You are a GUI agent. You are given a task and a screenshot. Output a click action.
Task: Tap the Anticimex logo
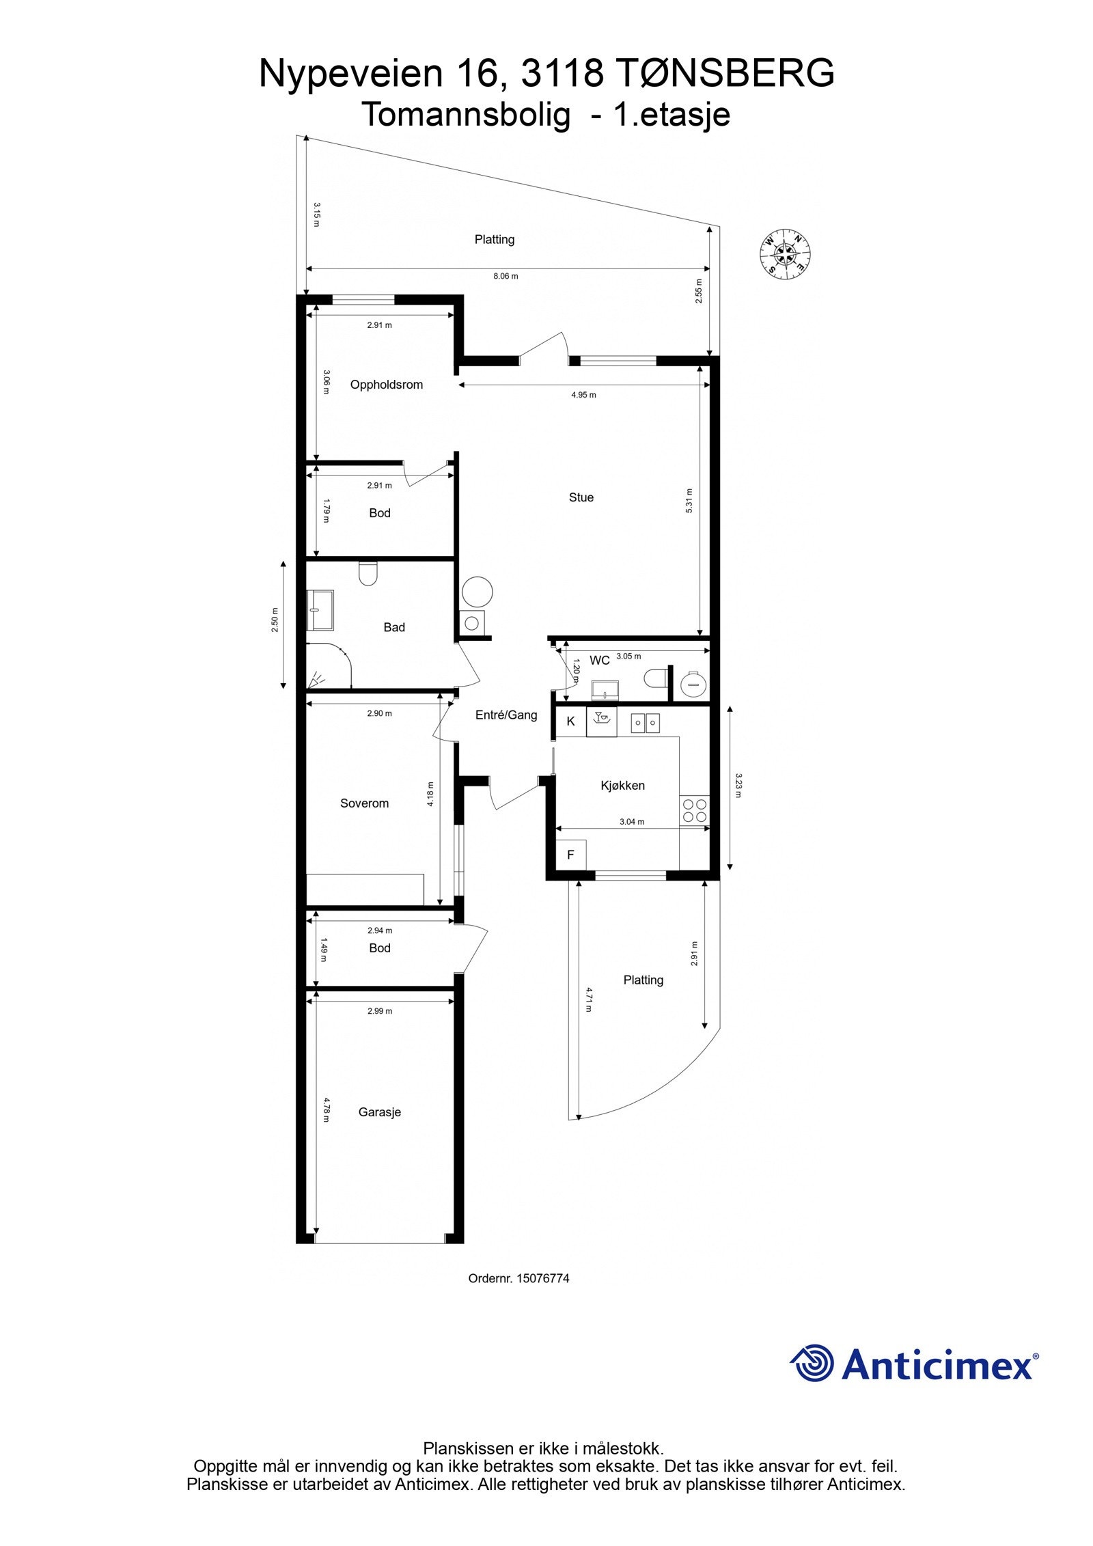(913, 1364)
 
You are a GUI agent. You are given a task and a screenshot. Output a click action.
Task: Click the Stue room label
(581, 497)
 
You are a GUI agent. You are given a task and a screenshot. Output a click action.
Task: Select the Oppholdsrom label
(386, 385)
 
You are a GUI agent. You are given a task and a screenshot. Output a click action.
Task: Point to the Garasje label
(379, 1112)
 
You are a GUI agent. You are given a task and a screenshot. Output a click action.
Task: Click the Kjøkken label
(622, 786)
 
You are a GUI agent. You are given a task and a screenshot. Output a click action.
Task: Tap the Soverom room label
(364, 803)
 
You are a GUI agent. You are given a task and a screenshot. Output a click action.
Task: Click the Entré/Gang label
(506, 715)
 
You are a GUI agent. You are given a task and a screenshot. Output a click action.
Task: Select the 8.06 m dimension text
(506, 277)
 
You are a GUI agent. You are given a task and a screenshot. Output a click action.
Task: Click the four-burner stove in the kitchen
(694, 811)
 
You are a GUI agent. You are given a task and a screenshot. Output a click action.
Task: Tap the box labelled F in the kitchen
(570, 855)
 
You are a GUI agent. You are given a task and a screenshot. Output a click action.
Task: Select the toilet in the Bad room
(368, 574)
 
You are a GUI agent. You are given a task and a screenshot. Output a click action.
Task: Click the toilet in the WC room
(655, 678)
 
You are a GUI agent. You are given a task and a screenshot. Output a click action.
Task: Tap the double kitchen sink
(644, 722)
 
